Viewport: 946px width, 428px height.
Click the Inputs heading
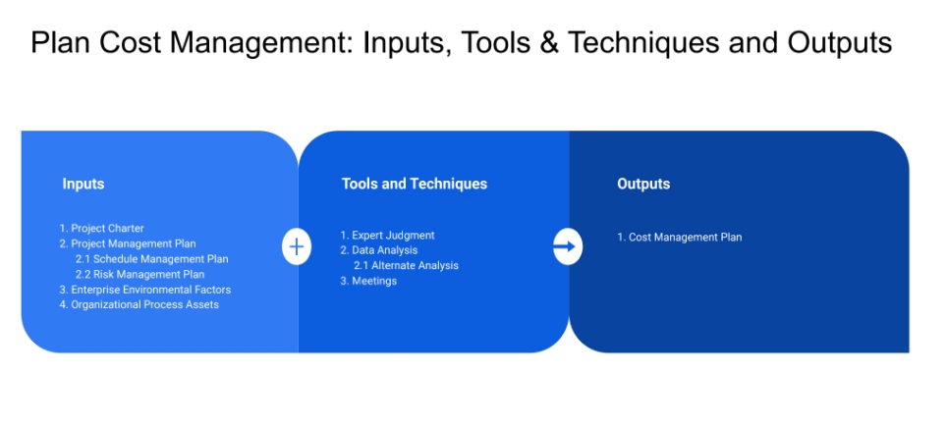(83, 184)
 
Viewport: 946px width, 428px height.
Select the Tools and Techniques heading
(414, 184)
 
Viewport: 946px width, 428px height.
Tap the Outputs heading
(643, 184)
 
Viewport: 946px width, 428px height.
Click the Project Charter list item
(101, 229)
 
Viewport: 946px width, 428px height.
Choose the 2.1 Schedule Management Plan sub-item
(151, 259)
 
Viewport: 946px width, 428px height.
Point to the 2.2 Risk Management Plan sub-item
(139, 274)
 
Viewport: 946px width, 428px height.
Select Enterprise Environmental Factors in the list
(144, 290)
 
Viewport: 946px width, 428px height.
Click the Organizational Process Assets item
(139, 304)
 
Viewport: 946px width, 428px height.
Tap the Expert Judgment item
(387, 236)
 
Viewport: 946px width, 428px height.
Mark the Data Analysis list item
(378, 250)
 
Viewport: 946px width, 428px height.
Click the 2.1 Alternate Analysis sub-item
(406, 265)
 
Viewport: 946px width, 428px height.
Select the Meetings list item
(368, 281)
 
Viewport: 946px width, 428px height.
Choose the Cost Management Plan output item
(679, 237)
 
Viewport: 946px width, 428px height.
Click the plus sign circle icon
(297, 245)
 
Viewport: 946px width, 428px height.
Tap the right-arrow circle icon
(567, 245)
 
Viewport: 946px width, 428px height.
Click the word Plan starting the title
(57, 43)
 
